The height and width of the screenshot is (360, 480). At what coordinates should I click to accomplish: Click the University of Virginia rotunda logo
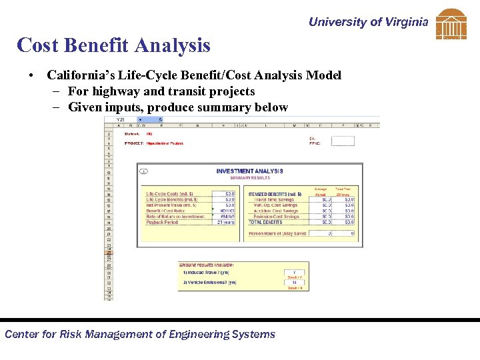451,24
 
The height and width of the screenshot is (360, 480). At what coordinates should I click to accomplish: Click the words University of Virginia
368,22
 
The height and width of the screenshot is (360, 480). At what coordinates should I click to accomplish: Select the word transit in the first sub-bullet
184,91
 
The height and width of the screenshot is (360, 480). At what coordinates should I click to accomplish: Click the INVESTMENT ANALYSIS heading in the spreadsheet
249,171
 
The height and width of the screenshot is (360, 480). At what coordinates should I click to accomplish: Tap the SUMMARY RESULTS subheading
249,177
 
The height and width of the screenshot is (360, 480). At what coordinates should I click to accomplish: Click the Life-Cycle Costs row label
170,194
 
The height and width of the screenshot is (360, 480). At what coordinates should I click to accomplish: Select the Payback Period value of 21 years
225,222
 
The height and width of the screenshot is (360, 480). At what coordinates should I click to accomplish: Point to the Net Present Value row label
171,205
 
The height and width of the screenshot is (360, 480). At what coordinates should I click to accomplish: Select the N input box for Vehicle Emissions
294,283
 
